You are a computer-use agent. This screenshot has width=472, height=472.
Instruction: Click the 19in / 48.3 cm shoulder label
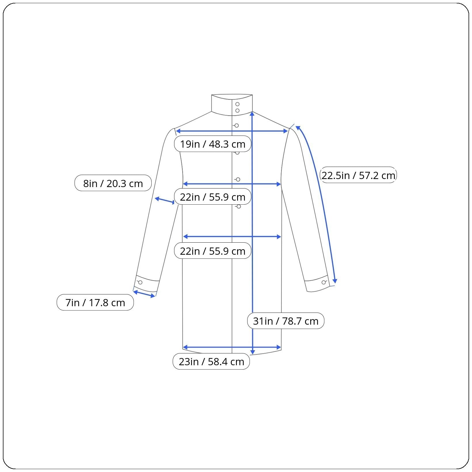coord(213,144)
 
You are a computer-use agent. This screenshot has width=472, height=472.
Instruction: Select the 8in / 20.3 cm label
coord(113,183)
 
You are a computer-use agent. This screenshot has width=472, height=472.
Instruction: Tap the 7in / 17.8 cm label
coord(95,302)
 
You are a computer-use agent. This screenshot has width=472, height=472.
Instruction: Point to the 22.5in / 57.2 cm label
coord(358,175)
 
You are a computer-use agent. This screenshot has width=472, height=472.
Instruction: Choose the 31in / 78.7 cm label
coord(286,321)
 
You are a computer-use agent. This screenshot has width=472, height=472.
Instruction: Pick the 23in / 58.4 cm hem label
coord(211,361)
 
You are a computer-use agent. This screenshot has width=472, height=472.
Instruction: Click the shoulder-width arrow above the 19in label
coord(232,131)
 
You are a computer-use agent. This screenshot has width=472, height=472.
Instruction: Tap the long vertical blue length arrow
coord(252,233)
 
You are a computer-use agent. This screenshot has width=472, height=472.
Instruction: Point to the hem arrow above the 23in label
coord(232,347)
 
